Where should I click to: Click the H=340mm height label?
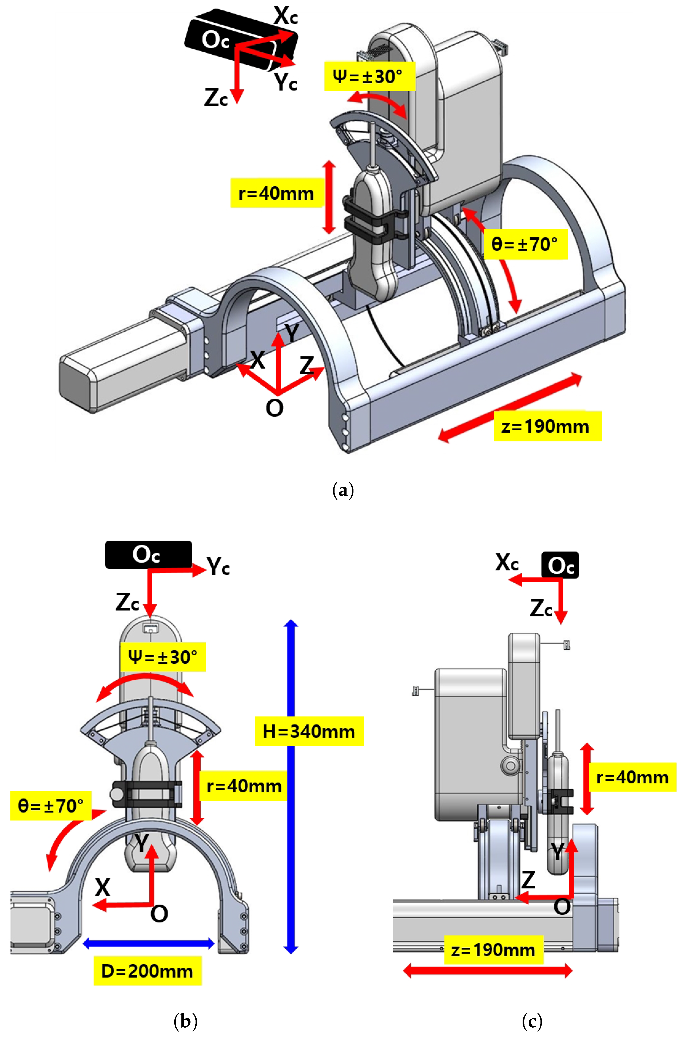[309, 731]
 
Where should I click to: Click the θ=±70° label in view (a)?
[525, 244]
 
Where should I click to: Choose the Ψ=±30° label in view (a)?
[369, 76]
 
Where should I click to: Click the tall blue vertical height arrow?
[291, 829]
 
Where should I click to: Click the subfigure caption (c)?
[532, 1021]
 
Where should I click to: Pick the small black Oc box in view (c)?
[560, 565]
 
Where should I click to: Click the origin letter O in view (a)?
[275, 408]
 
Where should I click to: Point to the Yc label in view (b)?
[218, 566]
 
